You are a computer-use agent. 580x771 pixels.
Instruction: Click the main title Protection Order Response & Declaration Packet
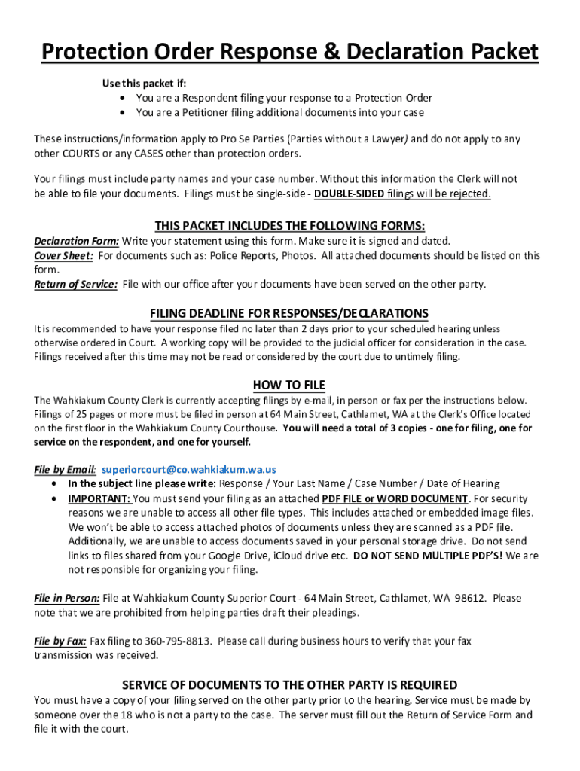click(290, 52)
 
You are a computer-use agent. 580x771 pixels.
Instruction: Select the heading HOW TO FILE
click(288, 385)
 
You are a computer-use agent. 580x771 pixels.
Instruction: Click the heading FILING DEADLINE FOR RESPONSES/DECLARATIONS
click(289, 313)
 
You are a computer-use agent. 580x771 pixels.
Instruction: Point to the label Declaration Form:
click(76, 241)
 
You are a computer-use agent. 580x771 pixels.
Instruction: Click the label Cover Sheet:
click(64, 255)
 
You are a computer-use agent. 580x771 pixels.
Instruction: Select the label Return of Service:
click(75, 284)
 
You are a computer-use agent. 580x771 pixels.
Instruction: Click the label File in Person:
click(67, 598)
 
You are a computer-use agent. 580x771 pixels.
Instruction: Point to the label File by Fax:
click(60, 641)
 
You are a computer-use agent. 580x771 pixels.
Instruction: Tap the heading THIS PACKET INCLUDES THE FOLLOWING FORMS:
click(290, 226)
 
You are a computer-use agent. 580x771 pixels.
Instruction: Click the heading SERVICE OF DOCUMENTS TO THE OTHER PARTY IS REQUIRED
click(290, 684)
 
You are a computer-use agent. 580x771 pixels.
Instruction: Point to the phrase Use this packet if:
click(144, 83)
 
